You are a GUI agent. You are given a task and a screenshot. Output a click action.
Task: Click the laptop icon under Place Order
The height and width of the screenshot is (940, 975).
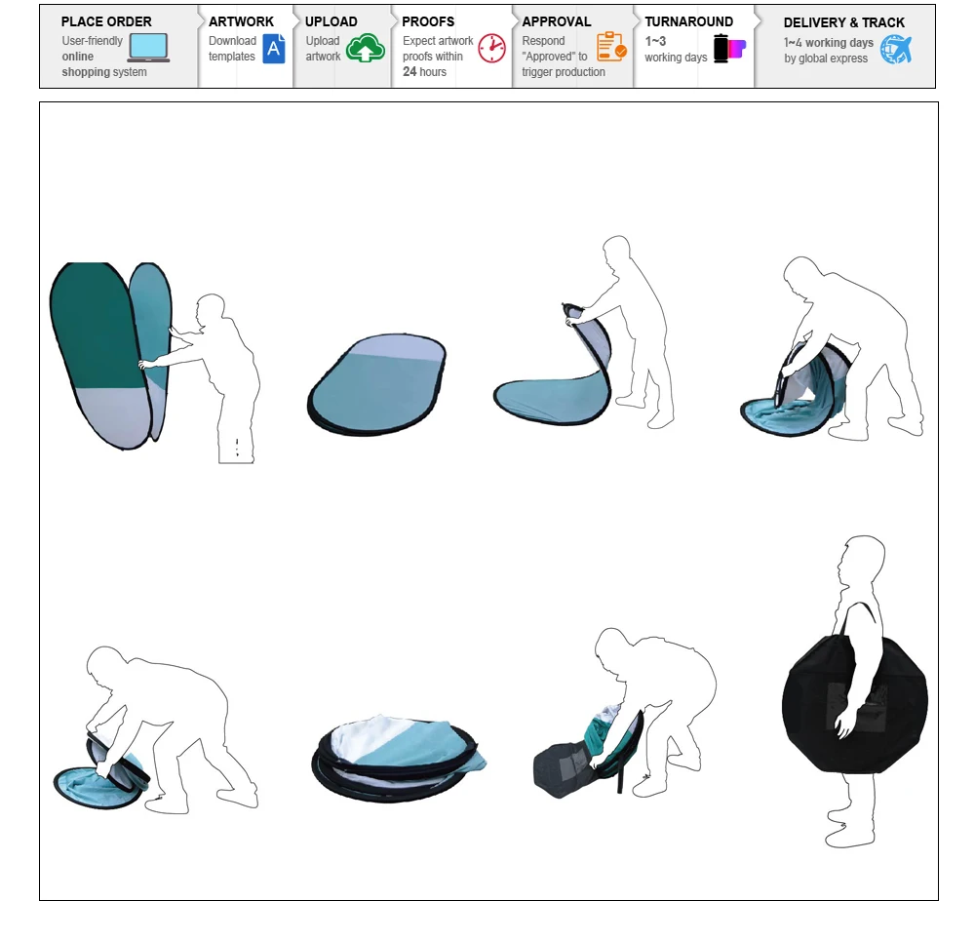pyautogui.click(x=148, y=48)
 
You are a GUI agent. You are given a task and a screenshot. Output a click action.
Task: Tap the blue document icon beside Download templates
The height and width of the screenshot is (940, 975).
pyautogui.click(x=274, y=49)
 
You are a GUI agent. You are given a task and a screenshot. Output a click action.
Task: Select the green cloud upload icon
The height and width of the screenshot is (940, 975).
pyautogui.click(x=365, y=48)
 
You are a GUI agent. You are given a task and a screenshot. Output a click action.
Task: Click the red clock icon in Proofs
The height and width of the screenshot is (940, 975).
pyautogui.click(x=491, y=48)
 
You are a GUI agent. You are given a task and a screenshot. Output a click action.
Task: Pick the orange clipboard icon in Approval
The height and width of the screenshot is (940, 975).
pyautogui.click(x=611, y=47)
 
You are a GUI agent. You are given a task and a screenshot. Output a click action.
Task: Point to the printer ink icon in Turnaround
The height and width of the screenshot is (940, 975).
pyautogui.click(x=729, y=49)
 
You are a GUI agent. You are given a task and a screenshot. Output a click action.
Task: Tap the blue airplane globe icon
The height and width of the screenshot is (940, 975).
pyautogui.click(x=896, y=49)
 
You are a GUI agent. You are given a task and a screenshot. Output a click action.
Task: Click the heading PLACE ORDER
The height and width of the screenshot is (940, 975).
pyautogui.click(x=106, y=21)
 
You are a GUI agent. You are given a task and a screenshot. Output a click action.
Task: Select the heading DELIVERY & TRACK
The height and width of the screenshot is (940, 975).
pyautogui.click(x=843, y=23)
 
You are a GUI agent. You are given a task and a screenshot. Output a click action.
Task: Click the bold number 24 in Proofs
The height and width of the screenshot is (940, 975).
pyautogui.click(x=409, y=71)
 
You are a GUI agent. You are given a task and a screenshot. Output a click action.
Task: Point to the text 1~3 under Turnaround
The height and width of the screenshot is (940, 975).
pyautogui.click(x=655, y=41)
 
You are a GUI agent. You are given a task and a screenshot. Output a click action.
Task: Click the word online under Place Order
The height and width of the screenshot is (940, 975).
pyautogui.click(x=78, y=57)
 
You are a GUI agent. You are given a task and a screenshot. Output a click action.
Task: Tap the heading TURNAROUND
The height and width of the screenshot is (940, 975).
pyautogui.click(x=689, y=21)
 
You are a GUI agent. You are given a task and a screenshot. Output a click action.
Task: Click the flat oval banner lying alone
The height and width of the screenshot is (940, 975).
pyautogui.click(x=376, y=384)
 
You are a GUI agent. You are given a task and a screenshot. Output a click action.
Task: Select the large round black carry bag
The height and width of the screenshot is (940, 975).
pyautogui.click(x=855, y=704)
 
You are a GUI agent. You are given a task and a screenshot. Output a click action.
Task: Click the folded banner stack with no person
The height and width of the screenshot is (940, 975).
pyautogui.click(x=398, y=759)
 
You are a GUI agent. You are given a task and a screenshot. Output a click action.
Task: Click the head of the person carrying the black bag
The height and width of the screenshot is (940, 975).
pyautogui.click(x=862, y=560)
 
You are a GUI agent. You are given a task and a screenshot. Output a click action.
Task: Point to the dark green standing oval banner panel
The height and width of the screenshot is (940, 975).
pyautogui.click(x=97, y=327)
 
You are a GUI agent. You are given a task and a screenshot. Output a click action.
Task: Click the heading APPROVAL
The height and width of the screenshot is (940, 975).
pyautogui.click(x=557, y=21)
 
